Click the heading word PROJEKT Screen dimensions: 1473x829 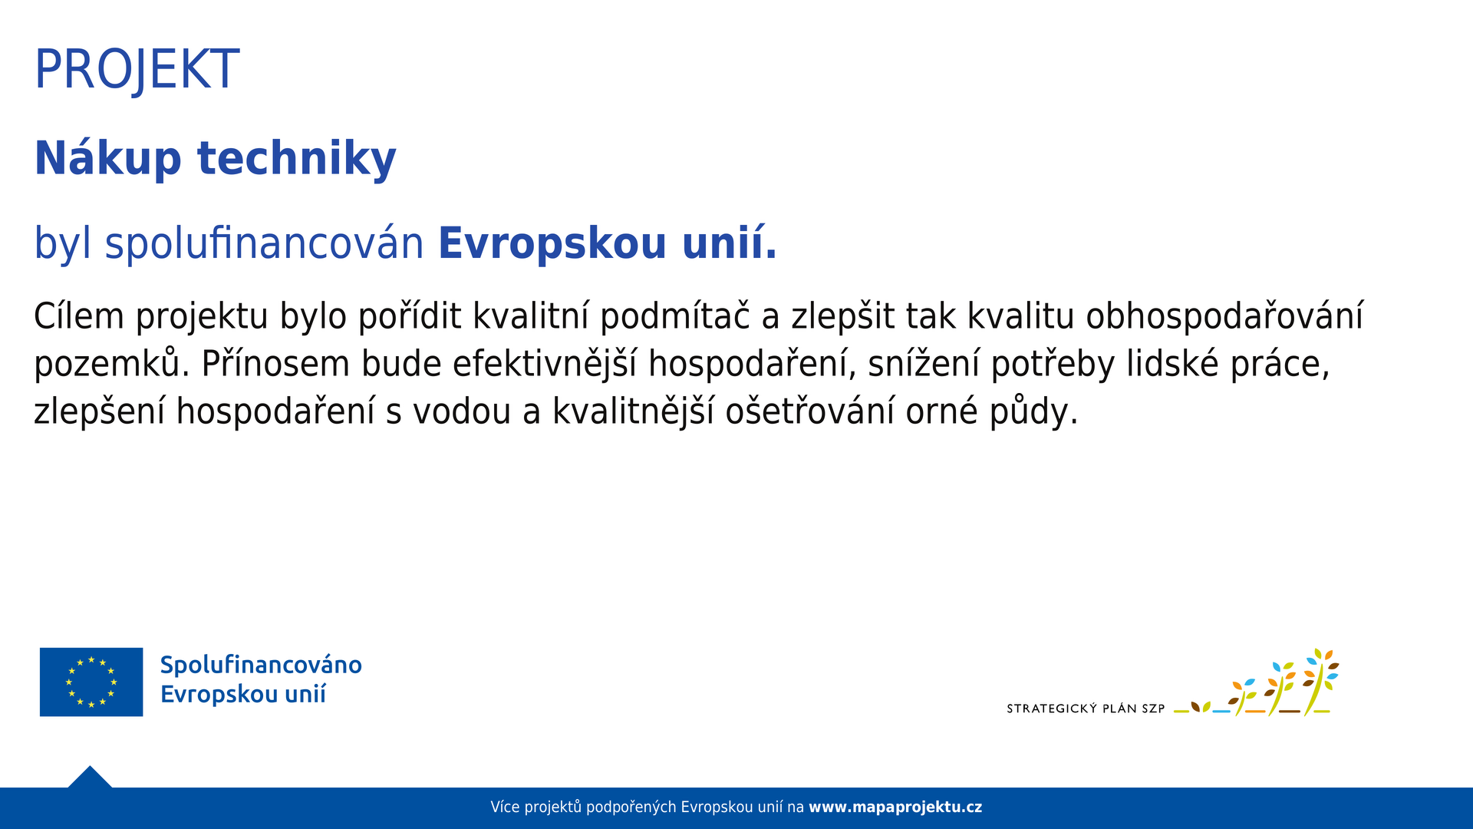coord(137,70)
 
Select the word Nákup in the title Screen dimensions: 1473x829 coord(108,158)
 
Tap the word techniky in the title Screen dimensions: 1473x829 coord(297,159)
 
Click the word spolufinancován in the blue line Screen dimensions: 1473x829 coord(264,244)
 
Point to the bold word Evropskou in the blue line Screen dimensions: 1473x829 coord(552,244)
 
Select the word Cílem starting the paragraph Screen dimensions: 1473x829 coord(79,316)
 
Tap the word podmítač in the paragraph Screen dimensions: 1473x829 coord(675,316)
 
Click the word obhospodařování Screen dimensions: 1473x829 coord(1224,316)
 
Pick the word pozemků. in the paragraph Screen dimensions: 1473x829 coord(111,364)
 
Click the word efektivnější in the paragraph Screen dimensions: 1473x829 coord(545,364)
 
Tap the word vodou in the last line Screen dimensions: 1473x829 coord(462,411)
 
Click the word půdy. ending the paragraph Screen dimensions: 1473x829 coord(1034,411)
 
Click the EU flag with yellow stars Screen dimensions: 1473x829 coord(91,682)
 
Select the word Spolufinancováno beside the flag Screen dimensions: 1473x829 coord(261,665)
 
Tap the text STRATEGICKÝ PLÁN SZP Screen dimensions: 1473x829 coord(1086,708)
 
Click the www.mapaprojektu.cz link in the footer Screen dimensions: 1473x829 coord(895,808)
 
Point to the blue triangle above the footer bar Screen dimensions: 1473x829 coord(90,778)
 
